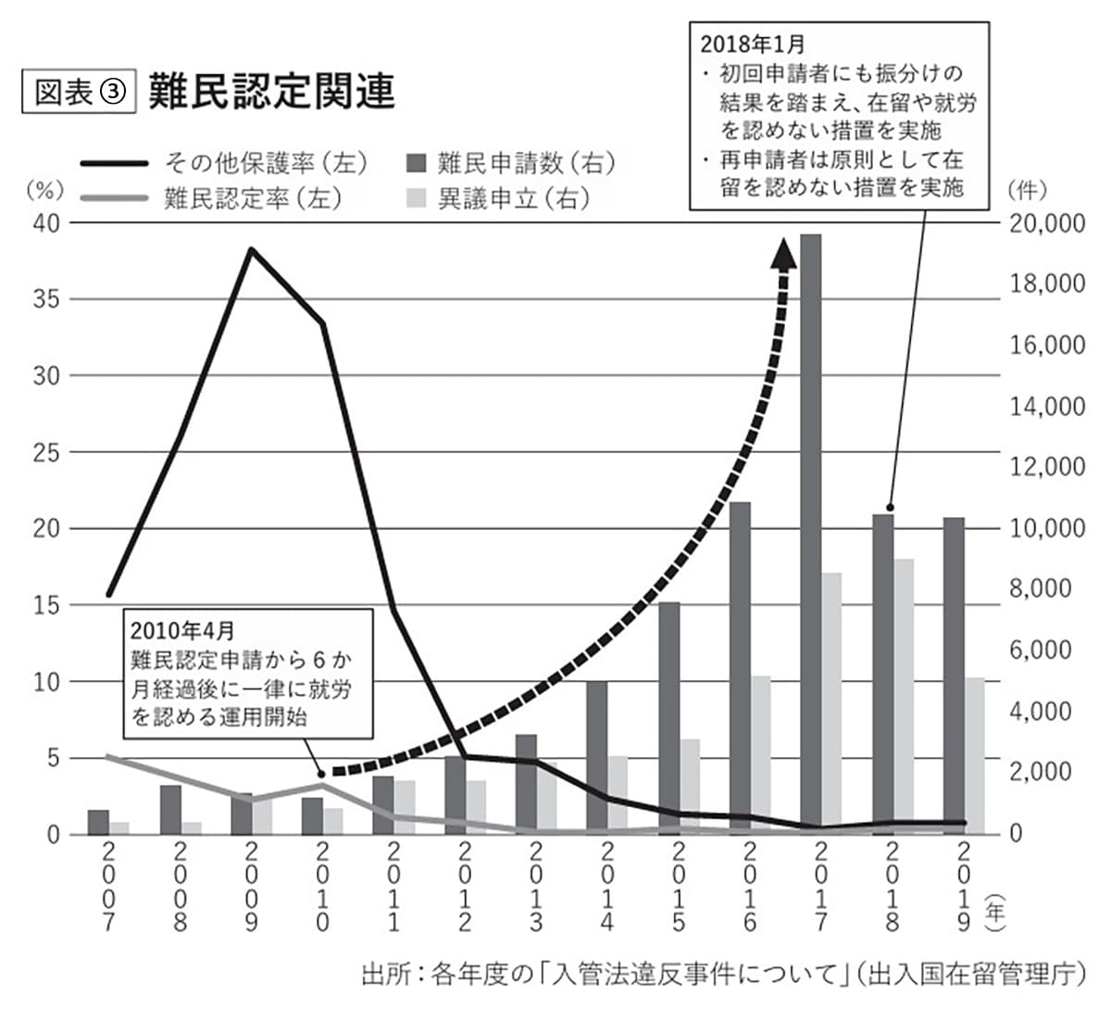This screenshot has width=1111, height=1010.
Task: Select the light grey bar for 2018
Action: [904, 695]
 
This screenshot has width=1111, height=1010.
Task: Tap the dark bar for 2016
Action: [740, 667]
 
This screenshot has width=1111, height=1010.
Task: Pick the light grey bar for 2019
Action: [975, 755]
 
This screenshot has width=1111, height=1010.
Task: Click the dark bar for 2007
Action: [98, 822]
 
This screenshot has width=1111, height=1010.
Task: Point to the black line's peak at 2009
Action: [250, 249]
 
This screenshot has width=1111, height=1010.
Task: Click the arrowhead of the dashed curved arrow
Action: [785, 253]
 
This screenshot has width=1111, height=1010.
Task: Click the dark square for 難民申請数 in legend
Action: [417, 164]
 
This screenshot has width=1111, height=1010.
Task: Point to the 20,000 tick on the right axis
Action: [1046, 223]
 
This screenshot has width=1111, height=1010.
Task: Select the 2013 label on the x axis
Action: [535, 886]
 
